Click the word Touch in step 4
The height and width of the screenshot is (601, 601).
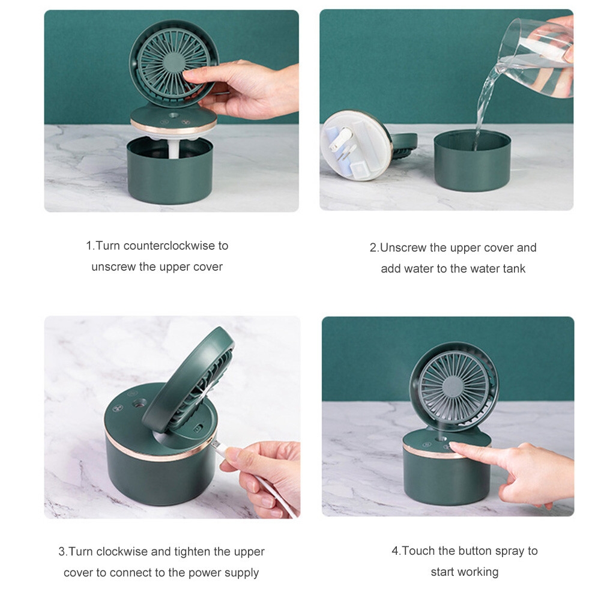click(418, 551)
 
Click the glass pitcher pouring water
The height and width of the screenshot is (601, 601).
click(539, 58)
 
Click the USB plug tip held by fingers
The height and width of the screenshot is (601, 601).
click(216, 444)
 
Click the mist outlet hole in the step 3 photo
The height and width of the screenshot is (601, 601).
click(139, 403)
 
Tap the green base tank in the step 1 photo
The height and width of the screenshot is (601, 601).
click(170, 170)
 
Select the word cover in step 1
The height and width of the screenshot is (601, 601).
click(208, 267)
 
